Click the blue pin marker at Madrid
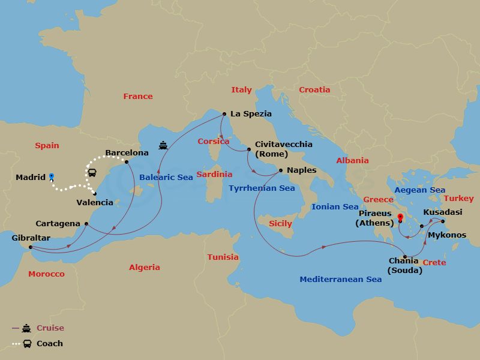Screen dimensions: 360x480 point(52,176)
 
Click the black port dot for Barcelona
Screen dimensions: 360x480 point(127,162)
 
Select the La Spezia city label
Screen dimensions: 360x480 point(251,113)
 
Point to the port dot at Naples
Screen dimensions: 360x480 point(280,171)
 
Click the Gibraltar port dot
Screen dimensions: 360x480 point(30,247)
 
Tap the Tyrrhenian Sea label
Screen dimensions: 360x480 point(262,188)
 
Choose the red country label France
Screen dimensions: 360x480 point(138,96)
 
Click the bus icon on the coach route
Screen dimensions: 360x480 point(92,173)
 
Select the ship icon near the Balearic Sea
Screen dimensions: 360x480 point(163,145)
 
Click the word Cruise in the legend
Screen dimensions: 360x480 point(50,328)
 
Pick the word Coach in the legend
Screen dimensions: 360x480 point(50,344)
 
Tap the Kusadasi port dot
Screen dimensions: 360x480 point(443,221)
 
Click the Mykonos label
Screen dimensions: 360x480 point(446,235)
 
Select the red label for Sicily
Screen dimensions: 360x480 point(280,223)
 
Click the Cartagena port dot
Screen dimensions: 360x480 point(86,224)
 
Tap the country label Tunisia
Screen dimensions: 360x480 point(223,257)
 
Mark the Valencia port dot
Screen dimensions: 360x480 point(95,193)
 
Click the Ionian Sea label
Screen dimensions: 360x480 point(335,206)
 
